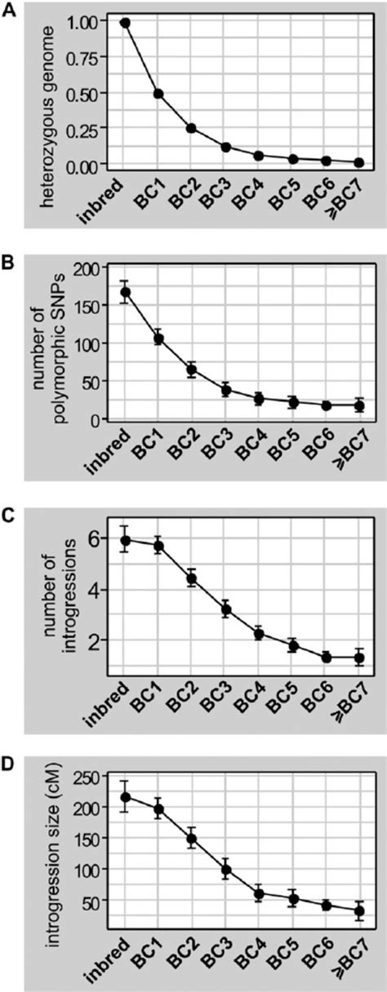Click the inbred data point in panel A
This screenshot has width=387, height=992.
point(125,22)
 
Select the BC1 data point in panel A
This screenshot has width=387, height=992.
point(158,94)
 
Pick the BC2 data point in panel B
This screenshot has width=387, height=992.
point(191,370)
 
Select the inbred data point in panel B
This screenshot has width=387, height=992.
point(125,291)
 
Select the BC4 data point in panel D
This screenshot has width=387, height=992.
point(259,893)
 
